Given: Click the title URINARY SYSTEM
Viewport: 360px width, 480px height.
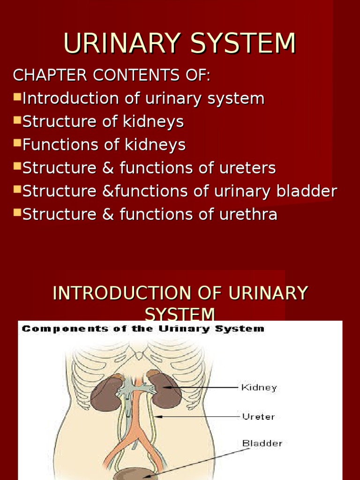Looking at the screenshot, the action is pos(180,44).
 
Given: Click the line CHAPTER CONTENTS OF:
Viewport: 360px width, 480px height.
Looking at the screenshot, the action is pos(112,75).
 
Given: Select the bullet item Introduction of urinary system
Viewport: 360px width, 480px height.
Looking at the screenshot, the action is pos(143,98).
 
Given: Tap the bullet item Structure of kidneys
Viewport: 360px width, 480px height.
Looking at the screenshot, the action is pos(103,121).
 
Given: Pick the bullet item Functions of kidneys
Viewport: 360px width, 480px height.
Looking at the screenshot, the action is pos(104,145).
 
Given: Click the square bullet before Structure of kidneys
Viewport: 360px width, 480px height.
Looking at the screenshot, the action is pos(17,120).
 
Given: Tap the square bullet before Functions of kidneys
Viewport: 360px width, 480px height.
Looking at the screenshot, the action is pos(17,143).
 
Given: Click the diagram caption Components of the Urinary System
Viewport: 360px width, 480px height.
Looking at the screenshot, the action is pos(143,329).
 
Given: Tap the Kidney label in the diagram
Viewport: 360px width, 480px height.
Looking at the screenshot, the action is pos(259,388).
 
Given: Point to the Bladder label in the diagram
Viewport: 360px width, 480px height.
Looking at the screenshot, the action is pos(262,442).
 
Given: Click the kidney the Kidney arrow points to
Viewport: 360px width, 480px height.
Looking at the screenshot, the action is pos(165,390).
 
